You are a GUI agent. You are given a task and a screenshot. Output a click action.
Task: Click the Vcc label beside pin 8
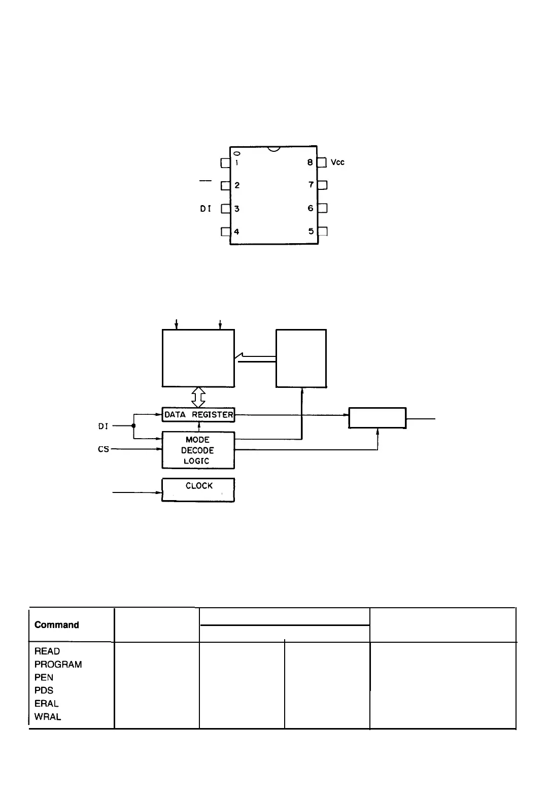337,162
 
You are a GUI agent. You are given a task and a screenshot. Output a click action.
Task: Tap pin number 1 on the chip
236,163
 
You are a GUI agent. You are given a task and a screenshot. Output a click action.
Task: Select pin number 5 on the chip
311,232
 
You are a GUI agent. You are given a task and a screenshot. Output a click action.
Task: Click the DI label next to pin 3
205,209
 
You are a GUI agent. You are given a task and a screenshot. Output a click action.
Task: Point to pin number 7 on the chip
311,185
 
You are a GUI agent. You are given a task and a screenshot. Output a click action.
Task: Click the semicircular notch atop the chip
274,149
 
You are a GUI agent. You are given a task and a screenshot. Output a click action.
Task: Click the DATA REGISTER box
198,415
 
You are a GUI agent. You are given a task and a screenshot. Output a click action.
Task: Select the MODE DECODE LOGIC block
198,450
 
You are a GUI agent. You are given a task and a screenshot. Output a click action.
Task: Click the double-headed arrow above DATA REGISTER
198,398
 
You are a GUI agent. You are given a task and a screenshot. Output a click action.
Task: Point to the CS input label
104,449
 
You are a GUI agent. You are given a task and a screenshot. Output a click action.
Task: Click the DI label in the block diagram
103,426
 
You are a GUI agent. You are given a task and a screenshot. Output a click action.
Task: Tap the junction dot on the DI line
133,426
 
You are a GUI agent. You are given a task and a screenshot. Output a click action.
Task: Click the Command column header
57,625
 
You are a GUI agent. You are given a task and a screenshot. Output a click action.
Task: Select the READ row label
47,651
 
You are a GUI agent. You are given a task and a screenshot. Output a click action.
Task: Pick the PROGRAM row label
58,665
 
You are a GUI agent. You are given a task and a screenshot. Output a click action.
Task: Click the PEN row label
44,678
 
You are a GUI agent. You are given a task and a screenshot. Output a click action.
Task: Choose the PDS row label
44,690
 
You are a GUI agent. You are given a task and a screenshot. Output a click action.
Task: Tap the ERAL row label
46,704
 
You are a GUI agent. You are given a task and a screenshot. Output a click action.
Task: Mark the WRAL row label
48,717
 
